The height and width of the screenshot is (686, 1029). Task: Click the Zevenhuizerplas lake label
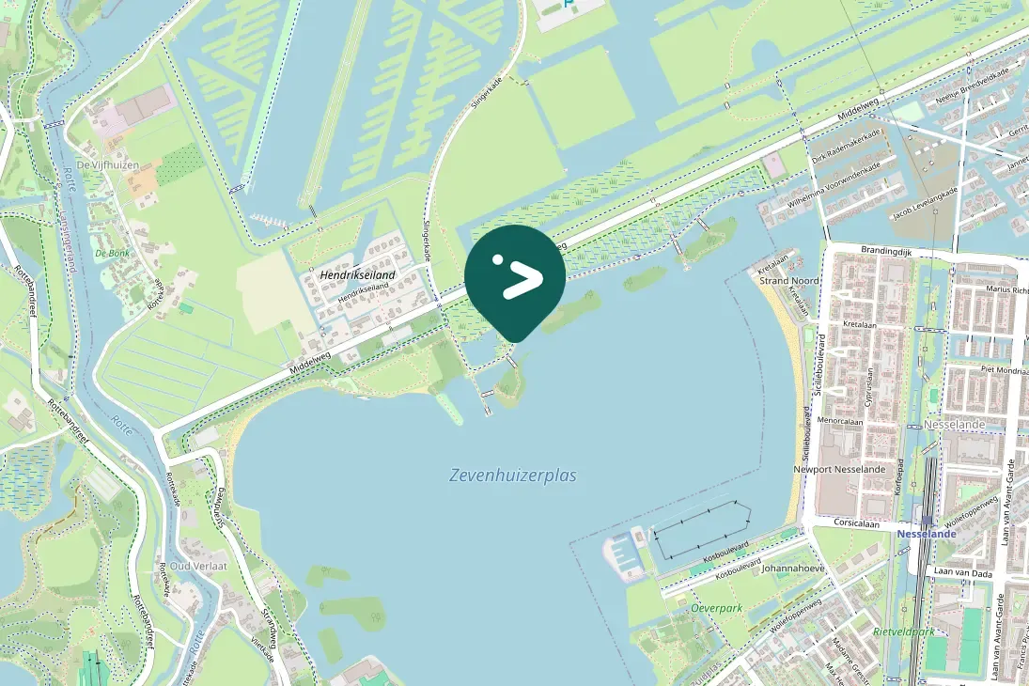click(x=512, y=476)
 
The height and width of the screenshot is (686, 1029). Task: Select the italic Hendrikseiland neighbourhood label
click(x=358, y=274)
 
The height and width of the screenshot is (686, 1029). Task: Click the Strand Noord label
click(x=788, y=281)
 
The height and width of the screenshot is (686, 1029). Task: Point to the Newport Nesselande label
click(x=839, y=469)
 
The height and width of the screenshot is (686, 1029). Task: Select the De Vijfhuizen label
click(x=107, y=165)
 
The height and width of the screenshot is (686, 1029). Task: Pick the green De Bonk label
click(x=112, y=253)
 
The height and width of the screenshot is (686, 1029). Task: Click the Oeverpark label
click(x=716, y=608)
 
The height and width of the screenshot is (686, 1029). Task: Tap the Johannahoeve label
click(x=792, y=569)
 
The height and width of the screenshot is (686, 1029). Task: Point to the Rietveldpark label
click(x=903, y=631)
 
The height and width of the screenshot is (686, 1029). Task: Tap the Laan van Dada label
click(x=962, y=571)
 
